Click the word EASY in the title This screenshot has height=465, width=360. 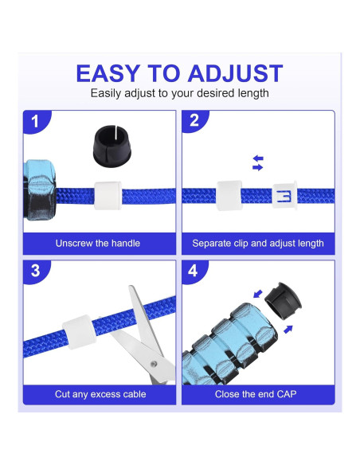[106, 73]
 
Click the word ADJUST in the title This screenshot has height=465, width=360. [235, 73]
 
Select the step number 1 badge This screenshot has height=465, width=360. [35, 122]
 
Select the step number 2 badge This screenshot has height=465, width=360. [194, 122]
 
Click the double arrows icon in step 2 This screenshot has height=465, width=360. [257, 163]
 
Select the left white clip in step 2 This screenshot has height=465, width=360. [229, 193]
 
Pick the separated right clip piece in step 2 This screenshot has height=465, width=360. [284, 194]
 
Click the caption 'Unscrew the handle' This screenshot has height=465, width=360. [97, 243]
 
